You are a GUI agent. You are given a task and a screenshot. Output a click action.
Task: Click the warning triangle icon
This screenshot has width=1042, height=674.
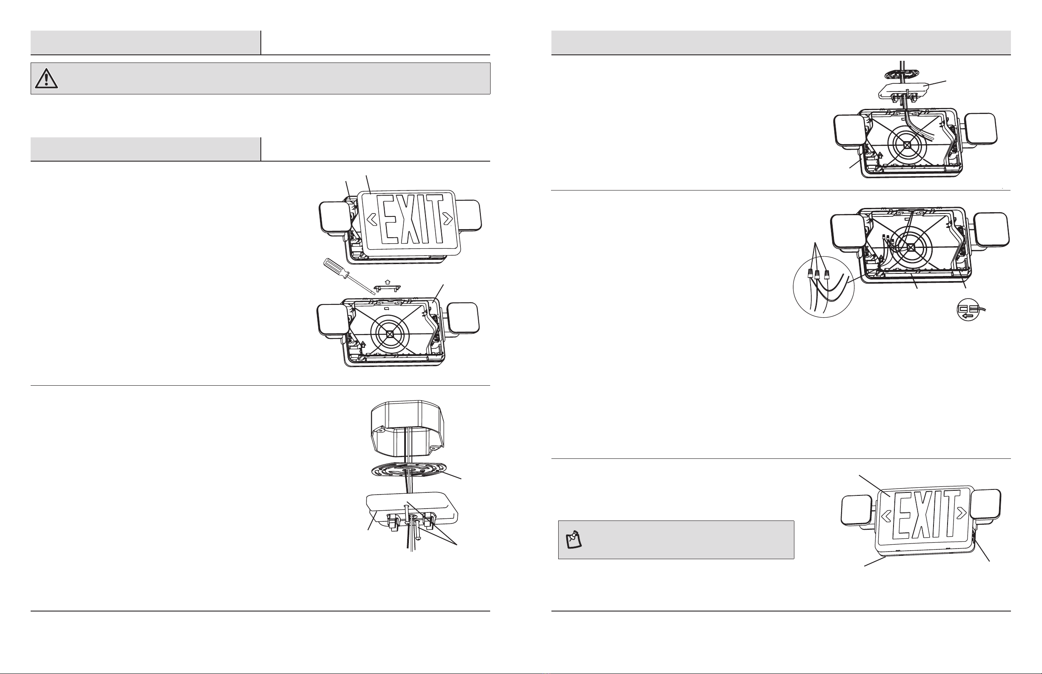click(46, 79)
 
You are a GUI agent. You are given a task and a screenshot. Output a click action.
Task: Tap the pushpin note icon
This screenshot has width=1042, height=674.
click(574, 540)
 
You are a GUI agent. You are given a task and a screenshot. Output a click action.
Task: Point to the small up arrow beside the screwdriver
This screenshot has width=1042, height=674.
click(388, 282)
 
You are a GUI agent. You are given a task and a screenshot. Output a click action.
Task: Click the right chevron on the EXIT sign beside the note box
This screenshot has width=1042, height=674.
click(961, 512)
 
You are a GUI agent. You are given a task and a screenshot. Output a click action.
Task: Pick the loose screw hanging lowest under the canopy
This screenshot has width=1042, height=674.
click(418, 527)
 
